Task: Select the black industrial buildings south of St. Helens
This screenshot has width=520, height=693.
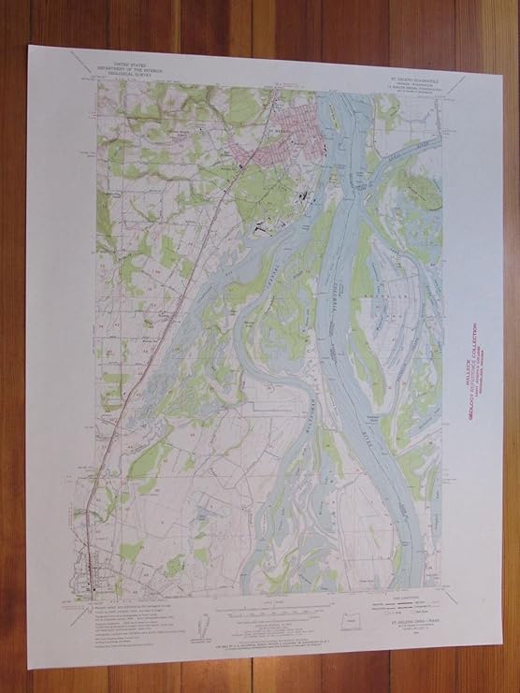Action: click(x=303, y=197)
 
